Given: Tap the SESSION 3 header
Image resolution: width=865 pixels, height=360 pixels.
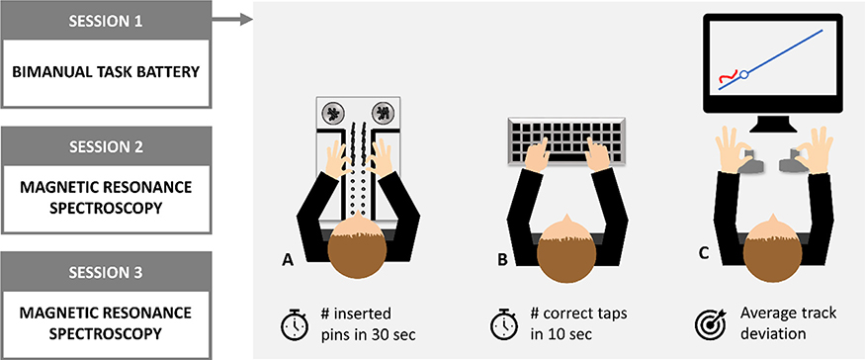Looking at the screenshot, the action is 106,271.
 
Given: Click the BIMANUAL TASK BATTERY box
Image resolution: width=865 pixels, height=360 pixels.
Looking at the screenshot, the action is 106,73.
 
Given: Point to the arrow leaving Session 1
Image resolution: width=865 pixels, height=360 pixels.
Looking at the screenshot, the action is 231,21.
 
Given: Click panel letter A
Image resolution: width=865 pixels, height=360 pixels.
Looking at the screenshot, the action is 288,259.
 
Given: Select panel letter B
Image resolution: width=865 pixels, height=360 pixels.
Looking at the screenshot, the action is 502,259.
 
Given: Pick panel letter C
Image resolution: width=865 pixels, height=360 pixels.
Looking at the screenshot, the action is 704,253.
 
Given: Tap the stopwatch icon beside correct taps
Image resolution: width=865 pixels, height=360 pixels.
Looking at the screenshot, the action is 504,324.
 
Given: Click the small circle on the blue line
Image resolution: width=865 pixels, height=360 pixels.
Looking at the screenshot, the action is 743,74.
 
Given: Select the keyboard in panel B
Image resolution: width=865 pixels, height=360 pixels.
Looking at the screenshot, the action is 566,140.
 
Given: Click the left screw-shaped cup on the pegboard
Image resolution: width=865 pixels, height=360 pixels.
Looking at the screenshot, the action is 332,113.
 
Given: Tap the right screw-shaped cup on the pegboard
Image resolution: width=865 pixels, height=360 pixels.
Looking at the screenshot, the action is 383,113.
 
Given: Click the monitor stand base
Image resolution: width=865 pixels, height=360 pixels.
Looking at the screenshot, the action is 773,128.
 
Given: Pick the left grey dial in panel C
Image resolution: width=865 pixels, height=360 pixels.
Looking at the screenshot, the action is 750,160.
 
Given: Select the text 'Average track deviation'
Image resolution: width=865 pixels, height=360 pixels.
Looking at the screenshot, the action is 788,323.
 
